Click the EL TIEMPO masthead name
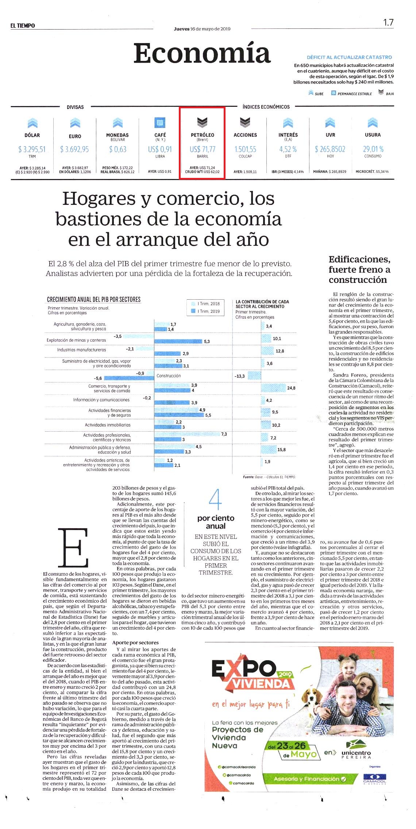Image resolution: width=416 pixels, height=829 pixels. pyautogui.click(x=23, y=26)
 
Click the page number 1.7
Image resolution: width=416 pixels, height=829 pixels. pyautogui.click(x=388, y=22)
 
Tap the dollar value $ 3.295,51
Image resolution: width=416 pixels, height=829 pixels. pyautogui.click(x=32, y=149)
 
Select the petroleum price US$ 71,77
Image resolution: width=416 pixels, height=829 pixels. pyautogui.click(x=203, y=149)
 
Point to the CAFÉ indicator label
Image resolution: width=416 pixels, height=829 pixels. pyautogui.click(x=160, y=135)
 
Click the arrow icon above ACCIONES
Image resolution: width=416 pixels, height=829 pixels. pyautogui.click(x=245, y=122)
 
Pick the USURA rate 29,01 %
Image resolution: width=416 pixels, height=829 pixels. pyautogui.click(x=373, y=149)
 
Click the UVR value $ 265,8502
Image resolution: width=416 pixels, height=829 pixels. pyautogui.click(x=330, y=149)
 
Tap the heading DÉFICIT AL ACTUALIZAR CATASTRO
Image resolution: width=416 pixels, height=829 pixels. pyautogui.click(x=349, y=57)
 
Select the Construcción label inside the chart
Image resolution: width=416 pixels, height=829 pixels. pyautogui.click(x=169, y=375)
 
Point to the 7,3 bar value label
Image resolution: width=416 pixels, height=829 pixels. pyautogui.click(x=224, y=434)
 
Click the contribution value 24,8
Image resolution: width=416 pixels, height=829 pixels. pyautogui.click(x=291, y=388)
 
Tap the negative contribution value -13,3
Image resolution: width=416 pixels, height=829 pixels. pyautogui.click(x=240, y=376)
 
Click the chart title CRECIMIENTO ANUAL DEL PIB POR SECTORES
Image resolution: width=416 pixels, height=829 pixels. pyautogui.click(x=94, y=299)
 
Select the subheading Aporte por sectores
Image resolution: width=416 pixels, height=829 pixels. pyautogui.click(x=135, y=642)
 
